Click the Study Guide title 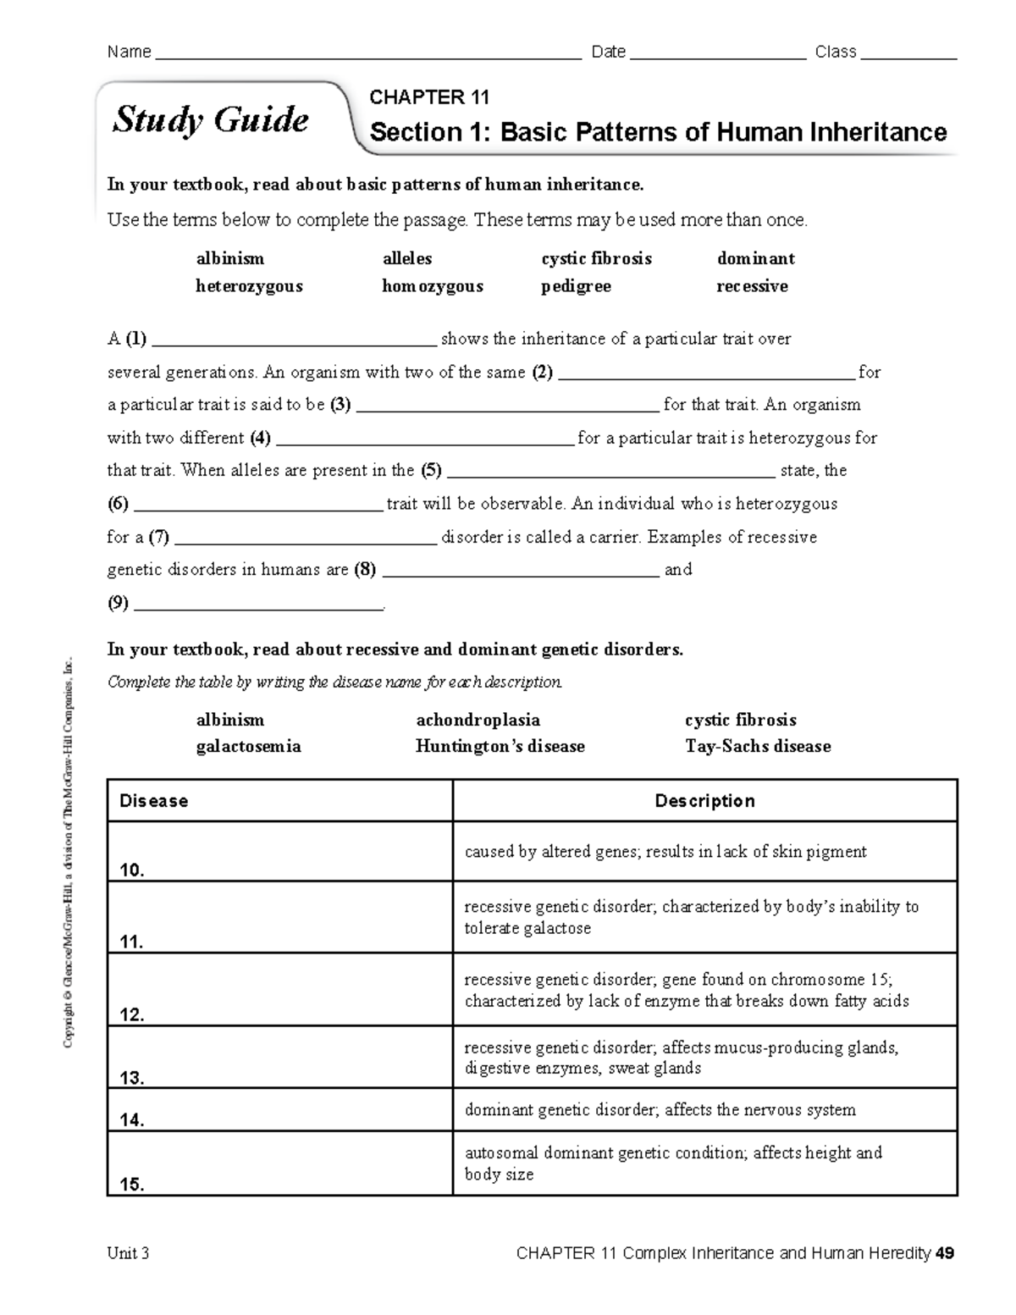[x=211, y=120]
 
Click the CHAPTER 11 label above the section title [x=429, y=97]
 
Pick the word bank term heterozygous [x=249, y=286]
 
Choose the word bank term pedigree [x=576, y=286]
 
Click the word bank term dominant [x=755, y=258]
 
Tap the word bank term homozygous [x=433, y=286]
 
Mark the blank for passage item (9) [x=259, y=605]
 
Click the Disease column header [x=154, y=801]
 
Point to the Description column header [x=704, y=801]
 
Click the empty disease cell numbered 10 [x=279, y=852]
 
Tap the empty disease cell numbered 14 [x=279, y=1110]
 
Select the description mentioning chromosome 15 [x=686, y=990]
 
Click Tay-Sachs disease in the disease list [x=758, y=746]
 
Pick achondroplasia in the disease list [x=478, y=720]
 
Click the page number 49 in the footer [x=946, y=1253]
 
